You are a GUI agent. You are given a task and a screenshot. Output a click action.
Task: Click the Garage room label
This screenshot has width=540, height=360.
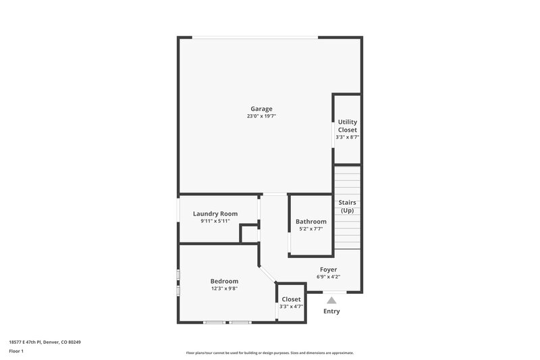click(261, 109)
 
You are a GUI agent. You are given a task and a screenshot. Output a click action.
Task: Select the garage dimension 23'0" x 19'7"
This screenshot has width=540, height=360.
click(261, 116)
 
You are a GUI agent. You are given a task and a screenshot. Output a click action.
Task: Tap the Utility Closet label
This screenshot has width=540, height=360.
click(348, 126)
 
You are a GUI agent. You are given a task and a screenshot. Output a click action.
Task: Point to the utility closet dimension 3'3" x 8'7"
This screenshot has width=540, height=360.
click(348, 137)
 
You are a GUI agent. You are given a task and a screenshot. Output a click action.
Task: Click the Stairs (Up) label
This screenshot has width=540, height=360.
click(347, 207)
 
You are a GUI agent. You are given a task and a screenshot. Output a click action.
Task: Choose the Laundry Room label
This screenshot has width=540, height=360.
click(215, 213)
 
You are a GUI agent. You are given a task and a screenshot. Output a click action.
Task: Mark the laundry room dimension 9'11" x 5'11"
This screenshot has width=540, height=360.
click(215, 221)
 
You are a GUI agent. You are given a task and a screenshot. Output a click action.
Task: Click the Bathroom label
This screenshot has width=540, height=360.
click(311, 222)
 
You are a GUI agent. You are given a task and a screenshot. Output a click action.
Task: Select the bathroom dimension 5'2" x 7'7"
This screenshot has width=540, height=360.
click(311, 229)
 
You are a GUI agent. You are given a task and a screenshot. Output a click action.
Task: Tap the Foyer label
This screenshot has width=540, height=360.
click(328, 269)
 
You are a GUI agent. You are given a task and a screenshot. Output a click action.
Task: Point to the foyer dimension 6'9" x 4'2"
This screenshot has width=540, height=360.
click(328, 277)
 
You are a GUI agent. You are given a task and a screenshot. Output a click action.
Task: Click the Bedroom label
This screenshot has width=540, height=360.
click(224, 281)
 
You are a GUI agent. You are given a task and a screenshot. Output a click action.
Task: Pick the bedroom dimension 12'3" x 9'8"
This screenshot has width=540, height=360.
click(224, 288)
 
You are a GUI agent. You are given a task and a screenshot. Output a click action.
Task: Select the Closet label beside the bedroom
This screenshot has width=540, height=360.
click(292, 299)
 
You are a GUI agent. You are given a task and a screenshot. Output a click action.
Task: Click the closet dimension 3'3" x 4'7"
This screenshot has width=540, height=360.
click(292, 307)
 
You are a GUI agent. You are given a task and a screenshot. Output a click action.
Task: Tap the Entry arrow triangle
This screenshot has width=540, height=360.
click(331, 300)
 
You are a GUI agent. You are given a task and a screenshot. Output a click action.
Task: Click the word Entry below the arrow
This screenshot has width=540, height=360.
click(331, 311)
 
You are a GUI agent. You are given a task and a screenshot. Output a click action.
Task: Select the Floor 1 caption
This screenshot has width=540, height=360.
click(16, 352)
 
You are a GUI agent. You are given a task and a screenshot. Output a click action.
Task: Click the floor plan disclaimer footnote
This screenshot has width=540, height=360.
click(270, 353)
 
